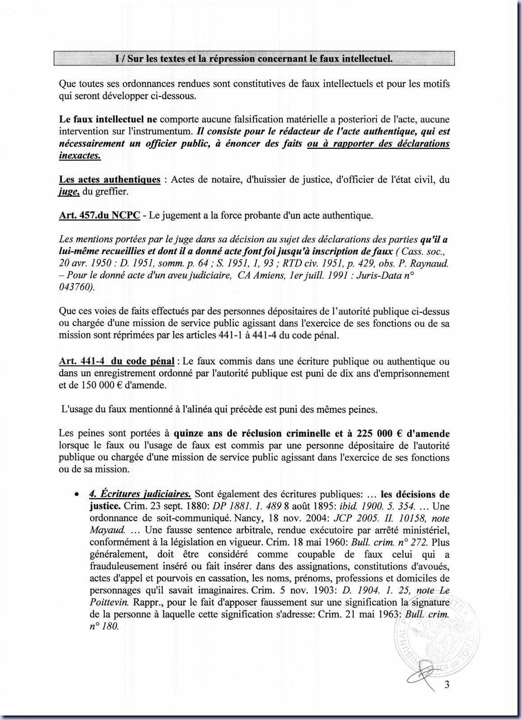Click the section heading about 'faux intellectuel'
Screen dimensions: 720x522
(x=254, y=59)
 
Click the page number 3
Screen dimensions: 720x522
(x=446, y=685)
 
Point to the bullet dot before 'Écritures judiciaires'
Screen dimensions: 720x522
(x=77, y=495)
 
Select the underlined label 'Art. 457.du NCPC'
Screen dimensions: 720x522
(x=99, y=216)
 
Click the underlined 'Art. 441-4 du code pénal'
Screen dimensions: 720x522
(x=116, y=361)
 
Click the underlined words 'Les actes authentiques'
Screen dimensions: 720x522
(x=110, y=180)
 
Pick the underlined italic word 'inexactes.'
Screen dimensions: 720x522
(x=80, y=156)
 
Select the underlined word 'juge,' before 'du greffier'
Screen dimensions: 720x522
(x=69, y=192)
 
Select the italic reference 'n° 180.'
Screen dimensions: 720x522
(x=104, y=627)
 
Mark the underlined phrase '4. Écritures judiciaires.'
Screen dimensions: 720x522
(x=140, y=494)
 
